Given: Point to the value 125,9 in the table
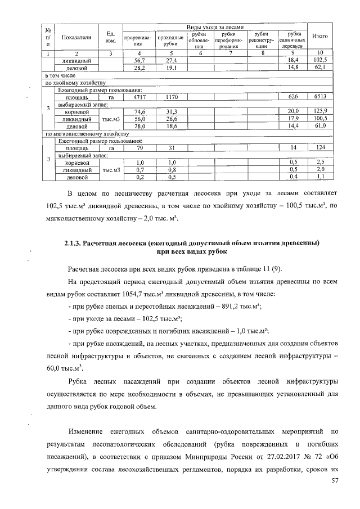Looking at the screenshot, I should click(320, 112).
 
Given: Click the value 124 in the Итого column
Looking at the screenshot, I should click(320, 148).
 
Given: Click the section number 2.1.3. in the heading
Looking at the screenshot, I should click(74, 242).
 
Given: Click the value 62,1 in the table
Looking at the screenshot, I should click(320, 67).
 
